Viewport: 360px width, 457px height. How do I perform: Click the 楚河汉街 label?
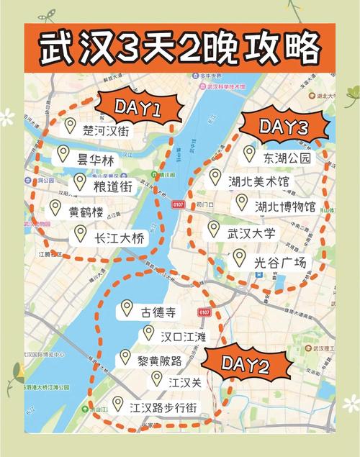pyautogui.click(x=108, y=130)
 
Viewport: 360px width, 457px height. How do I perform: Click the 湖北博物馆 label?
pyautogui.click(x=285, y=207)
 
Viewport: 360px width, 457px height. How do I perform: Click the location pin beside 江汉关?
pyautogui.click(x=157, y=379)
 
